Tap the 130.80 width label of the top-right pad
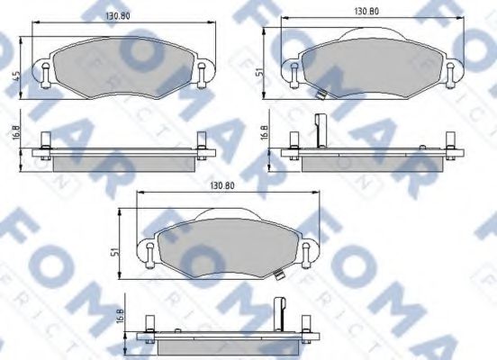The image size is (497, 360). click(x=364, y=11)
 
